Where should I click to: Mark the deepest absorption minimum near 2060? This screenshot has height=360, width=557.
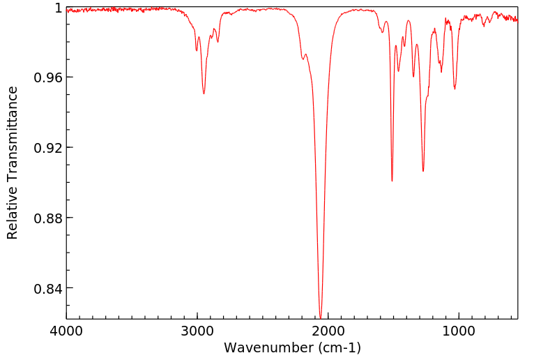[320, 317]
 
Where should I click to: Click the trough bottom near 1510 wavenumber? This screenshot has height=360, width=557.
[392, 181]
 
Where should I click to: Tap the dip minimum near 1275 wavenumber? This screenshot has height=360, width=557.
[423, 171]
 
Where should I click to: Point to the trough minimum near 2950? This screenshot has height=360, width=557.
[204, 93]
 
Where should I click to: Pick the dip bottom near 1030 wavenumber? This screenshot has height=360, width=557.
[455, 89]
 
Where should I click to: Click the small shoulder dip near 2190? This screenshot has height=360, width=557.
[303, 59]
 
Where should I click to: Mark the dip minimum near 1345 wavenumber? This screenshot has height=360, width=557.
[413, 76]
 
